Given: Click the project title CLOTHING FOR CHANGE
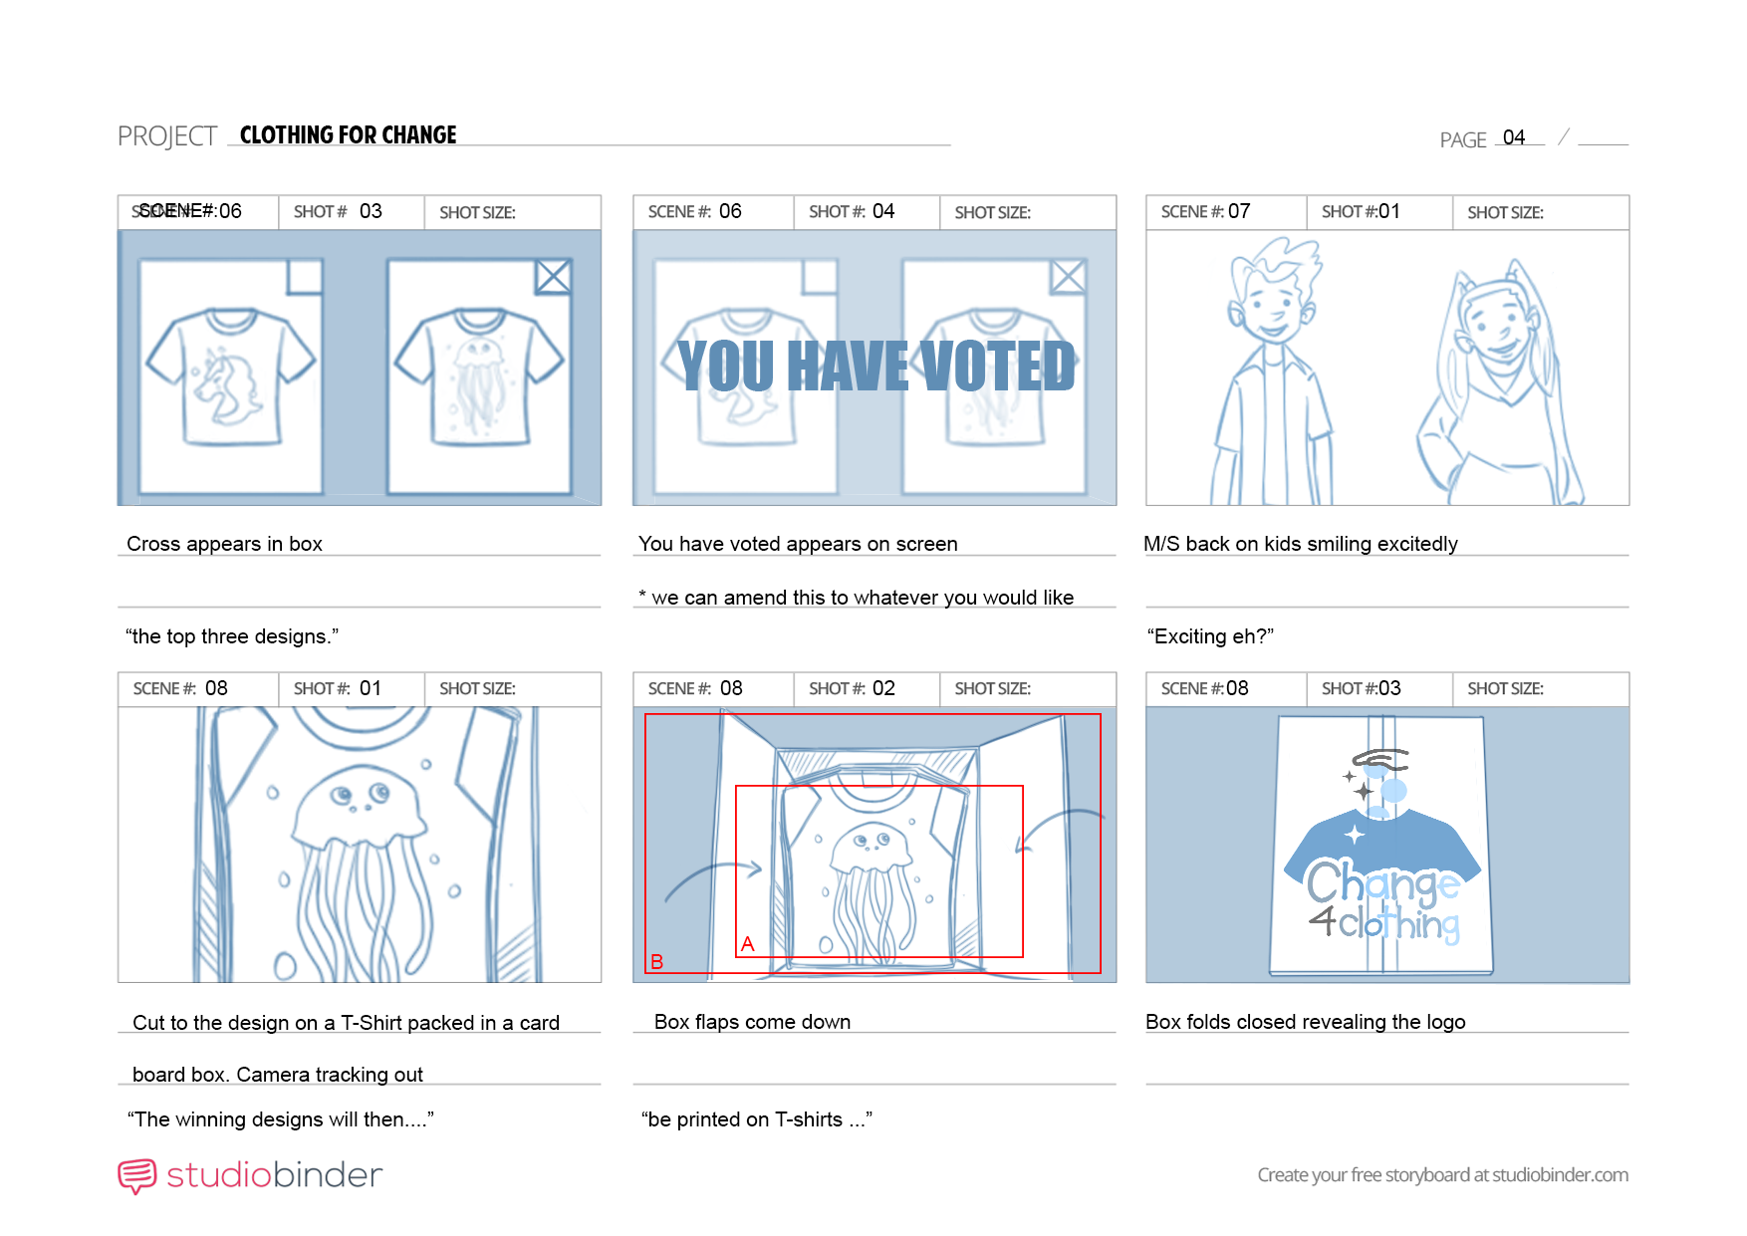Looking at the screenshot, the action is coord(348,134).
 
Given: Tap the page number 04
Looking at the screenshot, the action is coord(1514,137).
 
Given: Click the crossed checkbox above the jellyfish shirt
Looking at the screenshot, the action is coord(553,277).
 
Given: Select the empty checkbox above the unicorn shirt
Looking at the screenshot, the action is coord(305,277).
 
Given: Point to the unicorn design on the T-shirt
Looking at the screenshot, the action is coord(226,384).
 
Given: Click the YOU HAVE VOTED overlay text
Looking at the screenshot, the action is coord(876,366).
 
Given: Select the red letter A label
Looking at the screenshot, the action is coord(748,944).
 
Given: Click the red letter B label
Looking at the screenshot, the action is coord(657,961).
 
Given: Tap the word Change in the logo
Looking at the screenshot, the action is coord(1382,882).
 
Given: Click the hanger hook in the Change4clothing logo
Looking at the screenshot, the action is coord(1380,762).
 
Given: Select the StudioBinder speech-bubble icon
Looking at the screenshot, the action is coord(137,1176).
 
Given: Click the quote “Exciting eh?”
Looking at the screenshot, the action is coord(1210,636).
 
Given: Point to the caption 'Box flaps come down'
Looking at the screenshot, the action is coord(752,1022).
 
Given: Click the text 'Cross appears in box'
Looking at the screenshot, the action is coord(224,544).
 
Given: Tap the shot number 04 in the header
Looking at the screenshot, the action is coord(883,211).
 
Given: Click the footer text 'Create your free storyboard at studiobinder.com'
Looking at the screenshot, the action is coord(1443,1175).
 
